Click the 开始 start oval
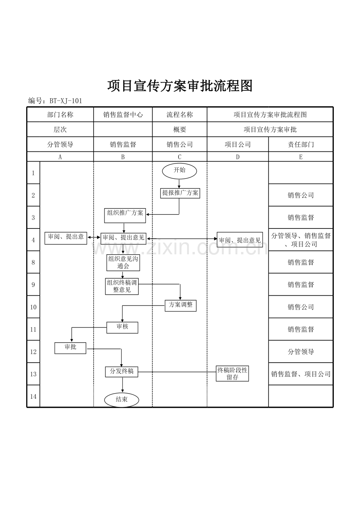click(x=180, y=171)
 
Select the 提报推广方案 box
click(x=180, y=193)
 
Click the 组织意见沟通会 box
click(x=123, y=263)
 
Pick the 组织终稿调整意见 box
click(x=122, y=286)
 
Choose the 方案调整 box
click(x=180, y=305)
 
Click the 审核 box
click(x=122, y=327)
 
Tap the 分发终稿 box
click(x=121, y=372)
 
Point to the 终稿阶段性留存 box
click(x=232, y=374)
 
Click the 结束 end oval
click(x=122, y=400)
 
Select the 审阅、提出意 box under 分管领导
click(x=66, y=237)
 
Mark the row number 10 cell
click(x=33, y=307)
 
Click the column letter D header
click(x=238, y=157)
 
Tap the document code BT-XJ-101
click(x=65, y=101)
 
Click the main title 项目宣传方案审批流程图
click(x=180, y=86)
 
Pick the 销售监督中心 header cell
click(x=123, y=115)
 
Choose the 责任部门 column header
click(x=301, y=144)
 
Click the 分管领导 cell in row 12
click(x=301, y=352)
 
